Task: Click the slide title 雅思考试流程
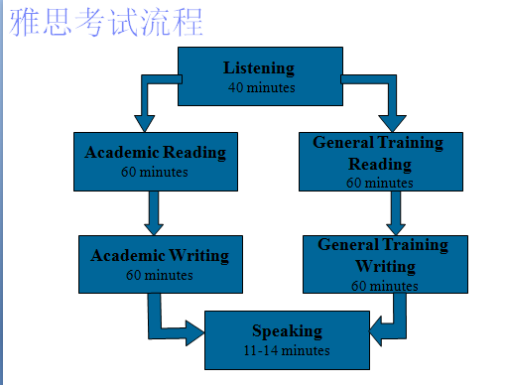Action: pyautogui.click(x=107, y=23)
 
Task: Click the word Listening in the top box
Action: pyautogui.click(x=259, y=68)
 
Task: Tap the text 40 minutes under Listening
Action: pyautogui.click(x=260, y=86)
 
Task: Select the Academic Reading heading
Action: pyautogui.click(x=155, y=153)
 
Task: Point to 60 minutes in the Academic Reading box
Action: pyautogui.click(x=155, y=171)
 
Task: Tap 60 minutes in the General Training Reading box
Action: pyautogui.click(x=380, y=183)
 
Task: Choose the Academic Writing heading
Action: pyautogui.click(x=160, y=255)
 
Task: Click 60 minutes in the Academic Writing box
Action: pyautogui.click(x=159, y=274)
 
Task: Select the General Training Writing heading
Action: pyautogui.click(x=383, y=254)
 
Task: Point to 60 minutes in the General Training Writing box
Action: pyautogui.click(x=384, y=286)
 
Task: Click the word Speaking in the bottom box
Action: pyautogui.click(x=286, y=331)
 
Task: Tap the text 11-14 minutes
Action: pyautogui.click(x=286, y=350)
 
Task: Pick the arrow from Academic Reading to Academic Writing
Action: pyautogui.click(x=154, y=211)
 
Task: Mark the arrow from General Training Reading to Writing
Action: pyautogui.click(x=397, y=210)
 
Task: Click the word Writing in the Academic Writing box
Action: pyautogui.click(x=199, y=255)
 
